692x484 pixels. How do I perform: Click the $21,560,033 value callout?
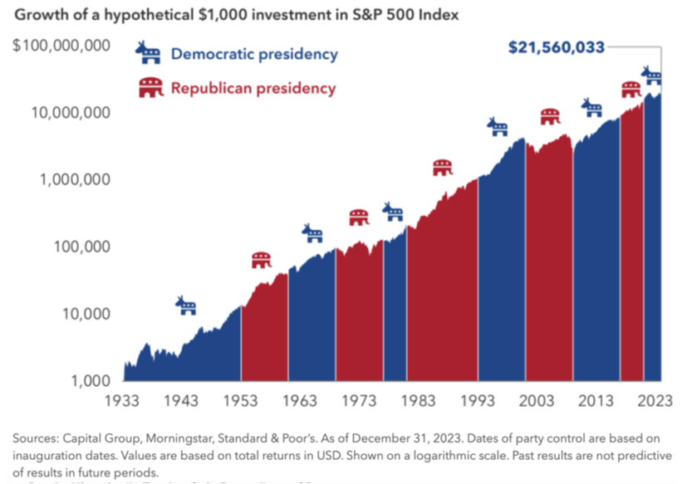coord(557,47)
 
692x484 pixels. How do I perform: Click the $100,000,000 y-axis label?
coord(62,45)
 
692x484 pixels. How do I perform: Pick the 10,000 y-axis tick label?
coord(86,314)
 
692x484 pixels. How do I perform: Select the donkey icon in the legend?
coord(150,54)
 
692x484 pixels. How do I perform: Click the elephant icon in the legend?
coord(151,88)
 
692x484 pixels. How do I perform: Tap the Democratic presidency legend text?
coord(254,55)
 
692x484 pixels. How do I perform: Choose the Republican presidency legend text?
coord(253,88)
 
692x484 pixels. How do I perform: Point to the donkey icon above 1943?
coord(185,306)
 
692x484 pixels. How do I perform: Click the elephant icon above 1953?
coord(261,261)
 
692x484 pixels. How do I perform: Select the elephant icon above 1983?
coord(443,168)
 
